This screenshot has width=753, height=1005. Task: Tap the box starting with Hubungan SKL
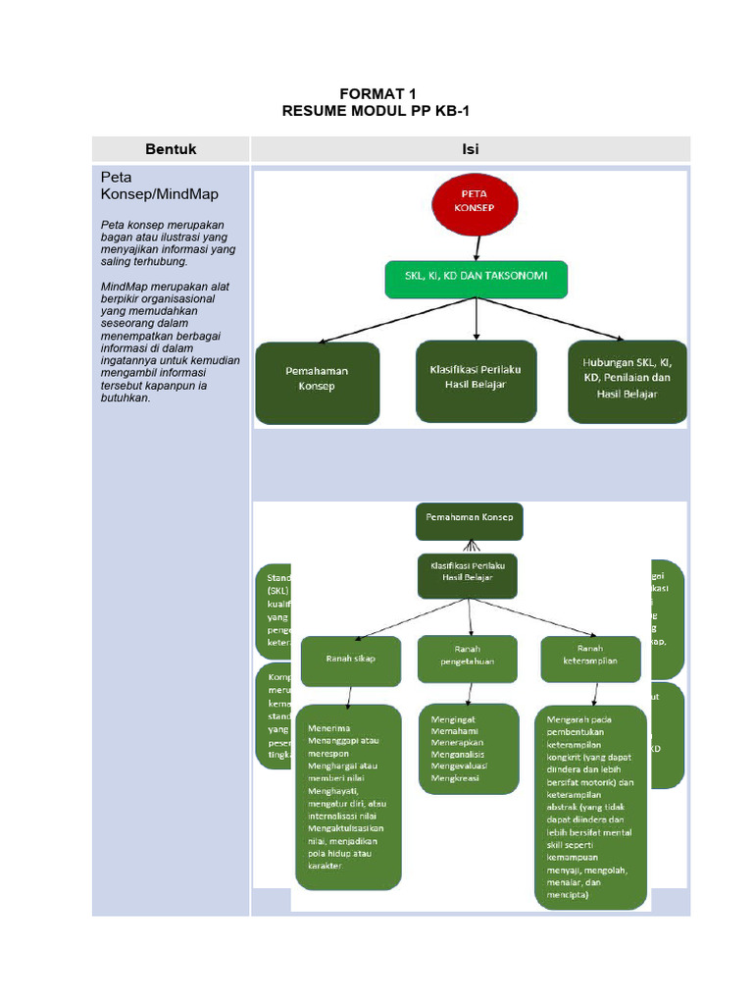pos(627,377)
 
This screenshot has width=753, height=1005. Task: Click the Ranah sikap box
pos(350,659)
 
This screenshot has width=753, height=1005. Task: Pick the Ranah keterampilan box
pos(592,656)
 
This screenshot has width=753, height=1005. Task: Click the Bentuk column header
pos(171,149)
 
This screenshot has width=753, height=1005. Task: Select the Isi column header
pos(471,149)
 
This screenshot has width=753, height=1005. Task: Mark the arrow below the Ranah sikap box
pos(349,694)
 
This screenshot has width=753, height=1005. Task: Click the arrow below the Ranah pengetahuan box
pos(470,693)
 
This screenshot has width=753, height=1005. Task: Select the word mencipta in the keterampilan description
pos(569,895)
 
